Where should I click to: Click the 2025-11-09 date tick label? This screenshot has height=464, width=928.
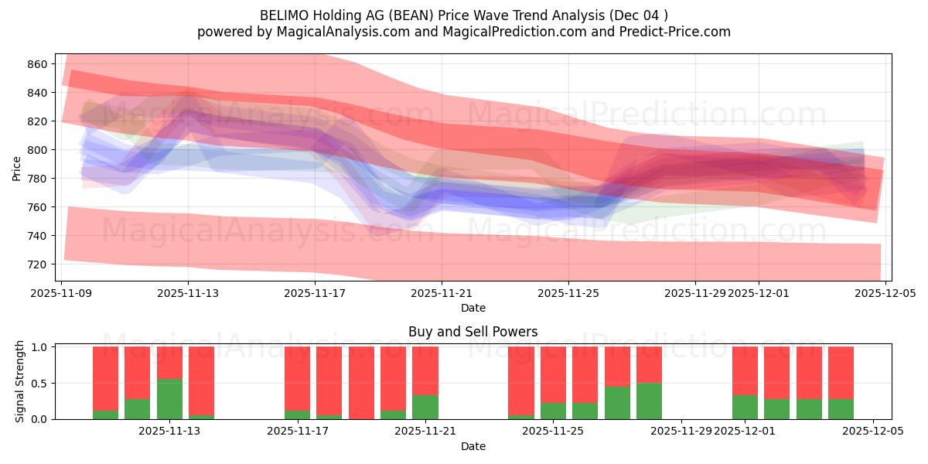[61, 293]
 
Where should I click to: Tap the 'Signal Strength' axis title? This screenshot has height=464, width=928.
[20, 381]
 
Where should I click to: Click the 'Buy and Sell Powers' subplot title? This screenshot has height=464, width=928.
[473, 332]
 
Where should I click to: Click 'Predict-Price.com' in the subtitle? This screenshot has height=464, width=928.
[667, 32]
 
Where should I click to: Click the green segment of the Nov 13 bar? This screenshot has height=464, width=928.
[169, 399]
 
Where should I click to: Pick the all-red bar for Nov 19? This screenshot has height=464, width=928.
[361, 383]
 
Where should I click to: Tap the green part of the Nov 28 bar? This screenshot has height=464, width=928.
[649, 401]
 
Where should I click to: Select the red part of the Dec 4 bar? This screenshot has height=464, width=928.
[841, 373]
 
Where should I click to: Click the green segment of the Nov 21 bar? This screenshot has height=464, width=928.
[425, 407]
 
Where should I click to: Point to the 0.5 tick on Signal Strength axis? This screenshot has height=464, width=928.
[41, 384]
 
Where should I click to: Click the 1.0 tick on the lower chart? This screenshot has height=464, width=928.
[41, 347]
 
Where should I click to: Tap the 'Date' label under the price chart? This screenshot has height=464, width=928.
[473, 308]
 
